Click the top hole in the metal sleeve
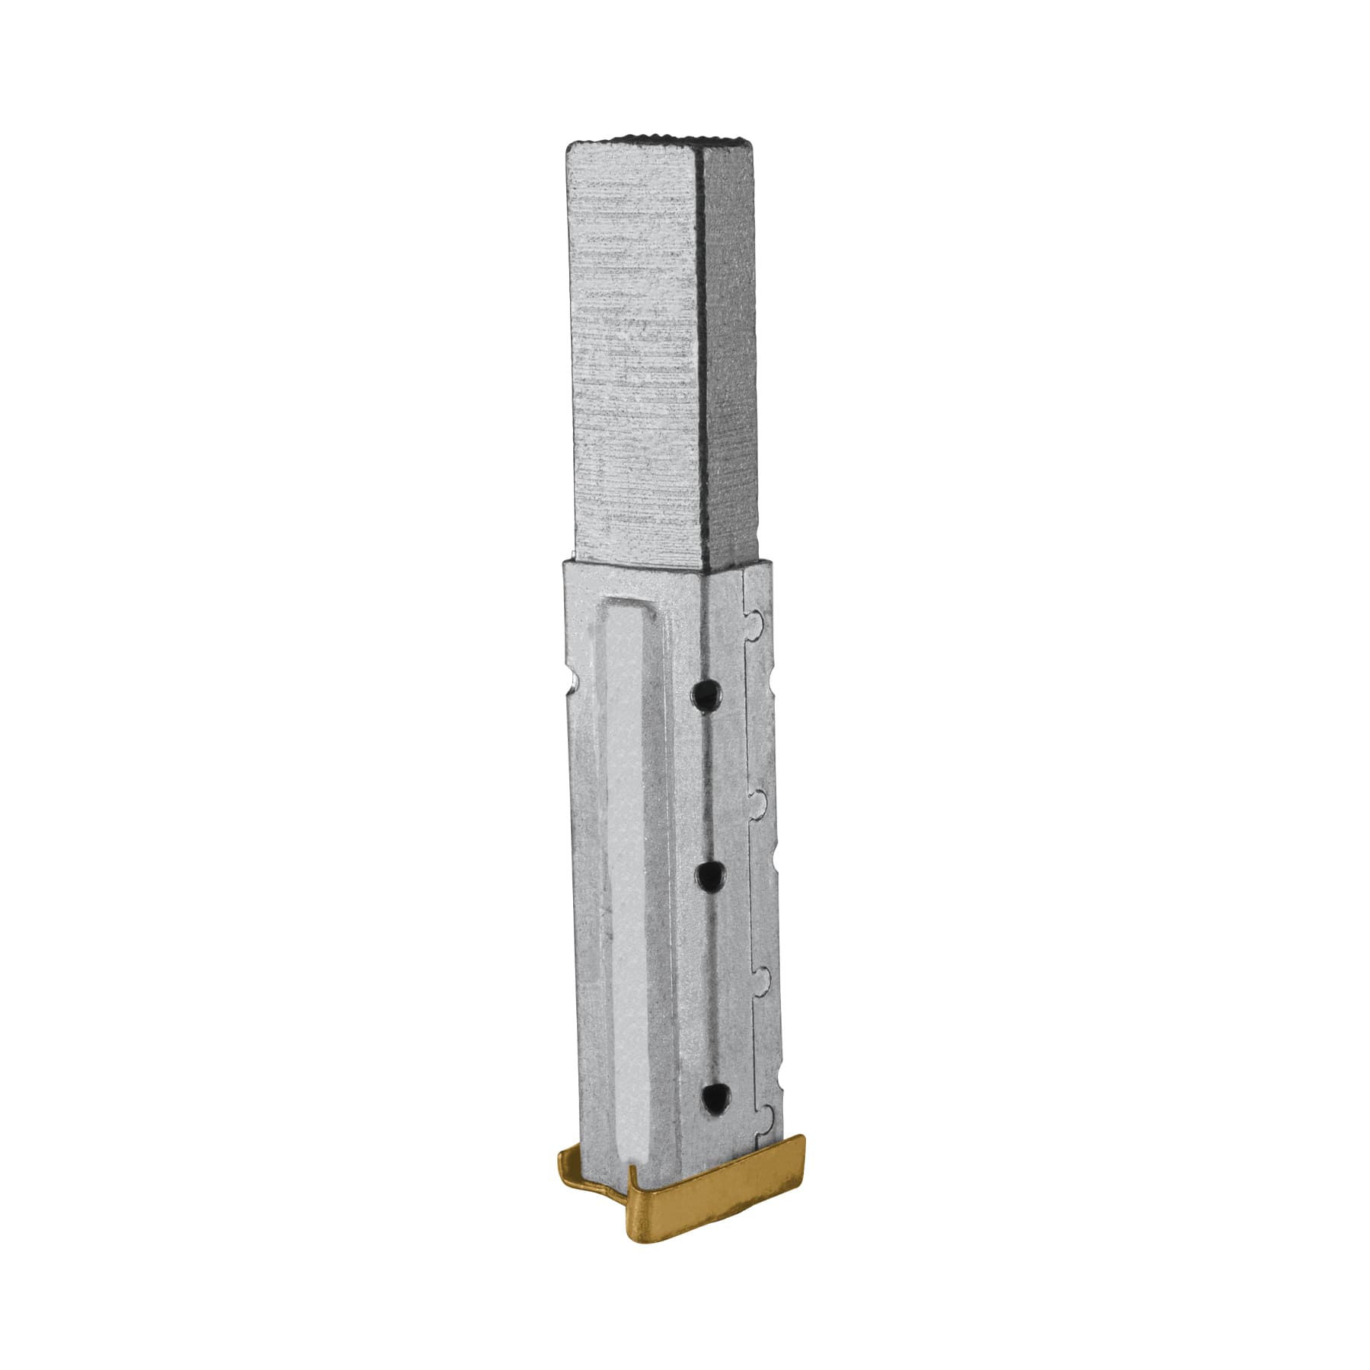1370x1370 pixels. (707, 692)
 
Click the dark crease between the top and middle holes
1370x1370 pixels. (709, 784)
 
